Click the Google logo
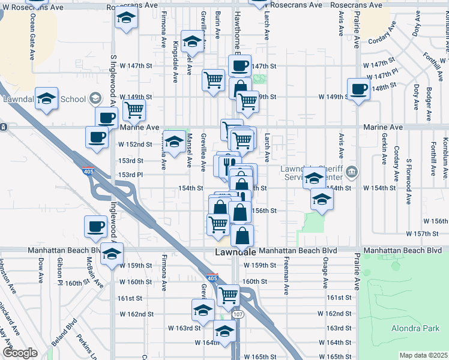click(20, 353)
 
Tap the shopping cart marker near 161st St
click(229, 295)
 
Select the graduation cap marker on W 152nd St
click(175, 142)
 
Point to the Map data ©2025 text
click(423, 355)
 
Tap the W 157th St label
click(427, 233)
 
